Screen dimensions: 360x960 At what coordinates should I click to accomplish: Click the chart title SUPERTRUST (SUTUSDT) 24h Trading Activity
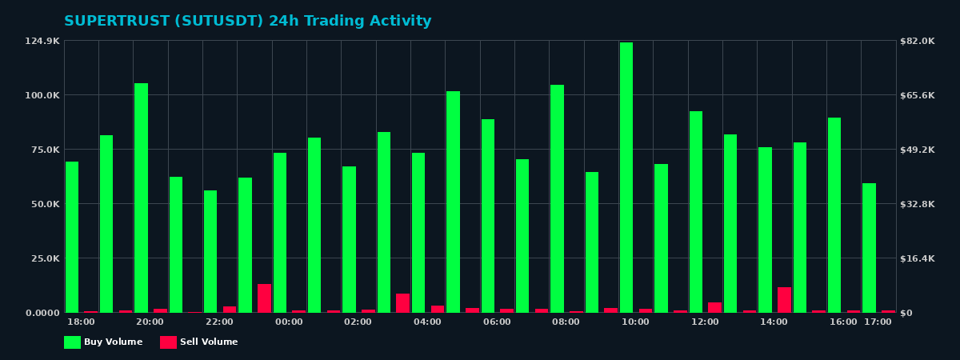247,22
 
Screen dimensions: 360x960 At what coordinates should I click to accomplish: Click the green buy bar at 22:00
210,251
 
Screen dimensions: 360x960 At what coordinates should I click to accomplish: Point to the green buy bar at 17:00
869,248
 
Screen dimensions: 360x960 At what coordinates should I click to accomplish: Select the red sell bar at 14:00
784,300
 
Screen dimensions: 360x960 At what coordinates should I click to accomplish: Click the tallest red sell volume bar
264,298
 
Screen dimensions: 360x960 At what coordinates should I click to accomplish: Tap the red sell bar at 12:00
714,307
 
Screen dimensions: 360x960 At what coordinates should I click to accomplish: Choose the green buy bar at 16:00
834,215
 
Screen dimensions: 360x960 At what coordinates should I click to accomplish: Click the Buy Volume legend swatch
72,342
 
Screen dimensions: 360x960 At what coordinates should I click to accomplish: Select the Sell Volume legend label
209,342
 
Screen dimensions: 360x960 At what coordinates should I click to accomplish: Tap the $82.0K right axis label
917,41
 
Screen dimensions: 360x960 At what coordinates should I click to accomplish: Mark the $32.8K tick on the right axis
917,204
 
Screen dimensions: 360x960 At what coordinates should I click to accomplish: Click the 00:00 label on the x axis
289,322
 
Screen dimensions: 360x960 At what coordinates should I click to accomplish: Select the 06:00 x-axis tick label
497,322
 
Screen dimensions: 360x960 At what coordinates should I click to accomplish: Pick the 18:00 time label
81,322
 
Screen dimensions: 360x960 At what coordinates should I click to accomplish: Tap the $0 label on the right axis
907,313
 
